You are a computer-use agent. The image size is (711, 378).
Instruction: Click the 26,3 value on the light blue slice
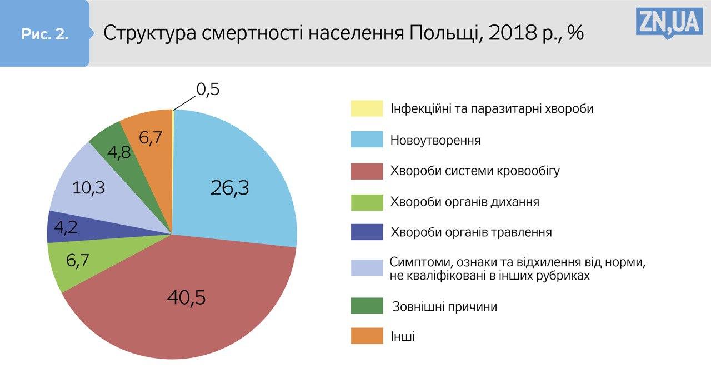tap(229, 188)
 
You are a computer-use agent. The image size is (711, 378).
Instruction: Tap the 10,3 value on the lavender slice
tap(88, 188)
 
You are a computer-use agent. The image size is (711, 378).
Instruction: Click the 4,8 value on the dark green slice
tap(119, 152)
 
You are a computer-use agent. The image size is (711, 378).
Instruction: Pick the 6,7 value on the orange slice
tap(150, 137)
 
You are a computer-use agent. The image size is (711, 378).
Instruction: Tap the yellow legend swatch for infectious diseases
tap(367, 108)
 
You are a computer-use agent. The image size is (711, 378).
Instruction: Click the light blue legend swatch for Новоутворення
tap(367, 140)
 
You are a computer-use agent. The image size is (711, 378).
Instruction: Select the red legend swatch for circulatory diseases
tap(367, 171)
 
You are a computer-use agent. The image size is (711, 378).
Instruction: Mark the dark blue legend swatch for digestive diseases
tap(367, 232)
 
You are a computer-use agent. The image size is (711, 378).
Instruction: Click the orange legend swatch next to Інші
tap(367, 336)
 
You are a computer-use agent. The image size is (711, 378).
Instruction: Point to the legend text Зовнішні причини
tap(444, 306)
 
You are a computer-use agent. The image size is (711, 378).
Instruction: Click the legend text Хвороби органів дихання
tap(464, 201)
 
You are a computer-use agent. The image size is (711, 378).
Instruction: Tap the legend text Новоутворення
tap(435, 140)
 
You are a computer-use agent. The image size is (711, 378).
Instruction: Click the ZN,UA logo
tap(669, 23)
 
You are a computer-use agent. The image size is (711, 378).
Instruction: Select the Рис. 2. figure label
tap(44, 34)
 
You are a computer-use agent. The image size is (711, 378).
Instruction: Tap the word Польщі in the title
tap(441, 33)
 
